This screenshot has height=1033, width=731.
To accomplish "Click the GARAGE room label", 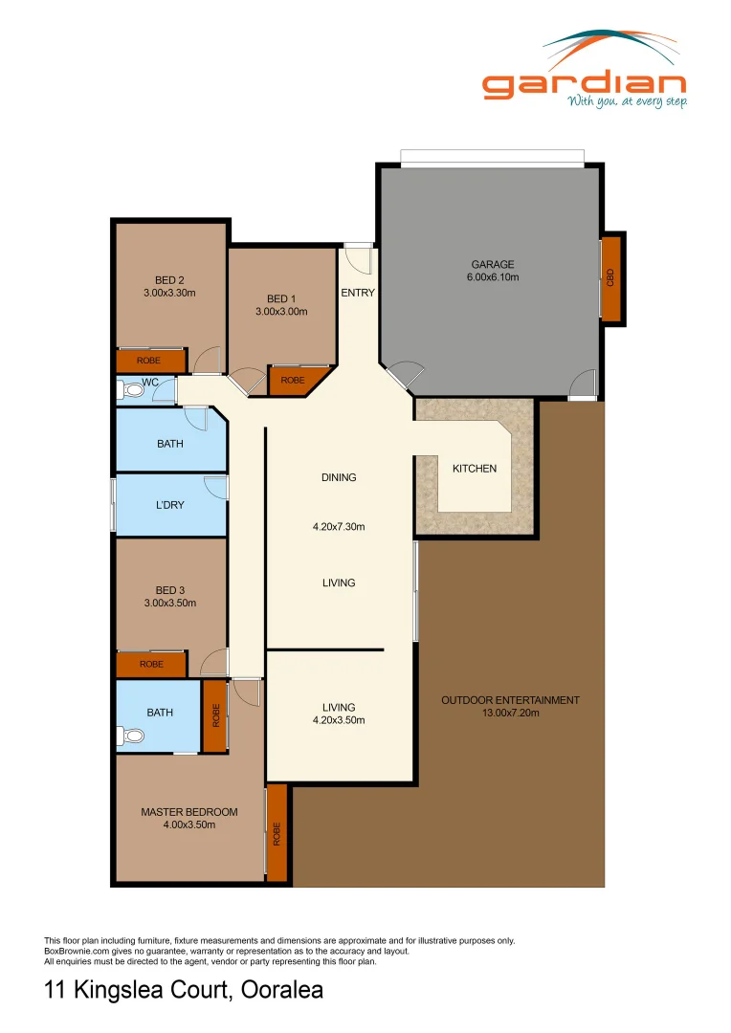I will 492,265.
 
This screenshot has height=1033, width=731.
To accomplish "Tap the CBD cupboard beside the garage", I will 610,277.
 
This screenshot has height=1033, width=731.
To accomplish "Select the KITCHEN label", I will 475,469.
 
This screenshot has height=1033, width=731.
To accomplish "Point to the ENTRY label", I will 358,293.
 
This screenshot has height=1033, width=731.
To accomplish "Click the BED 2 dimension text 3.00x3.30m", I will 169,294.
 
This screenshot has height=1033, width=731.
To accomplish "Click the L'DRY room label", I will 169,505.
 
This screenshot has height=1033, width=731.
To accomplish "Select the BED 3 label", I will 169,590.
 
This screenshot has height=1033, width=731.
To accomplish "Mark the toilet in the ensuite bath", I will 132,736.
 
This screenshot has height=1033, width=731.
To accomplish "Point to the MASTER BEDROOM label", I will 189,812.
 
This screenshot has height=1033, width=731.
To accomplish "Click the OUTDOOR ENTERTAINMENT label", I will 510,700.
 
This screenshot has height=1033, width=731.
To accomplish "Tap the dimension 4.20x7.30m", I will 339,526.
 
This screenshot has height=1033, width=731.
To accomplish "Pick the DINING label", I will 339,477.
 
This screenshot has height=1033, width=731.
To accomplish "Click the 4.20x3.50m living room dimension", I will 339,720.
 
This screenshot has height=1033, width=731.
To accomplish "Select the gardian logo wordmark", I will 584,83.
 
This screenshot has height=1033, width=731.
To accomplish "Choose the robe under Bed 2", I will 149,361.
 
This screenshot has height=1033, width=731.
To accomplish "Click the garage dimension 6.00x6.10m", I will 492,277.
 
